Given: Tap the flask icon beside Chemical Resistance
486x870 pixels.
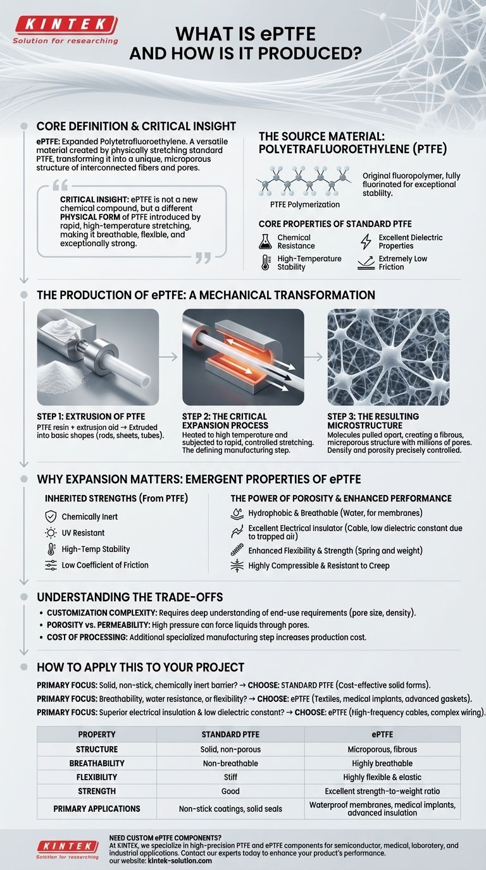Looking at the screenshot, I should (265, 241).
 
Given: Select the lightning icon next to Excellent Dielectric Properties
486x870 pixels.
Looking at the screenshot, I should (365, 241).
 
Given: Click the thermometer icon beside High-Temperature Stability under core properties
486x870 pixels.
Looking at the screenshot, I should (265, 262).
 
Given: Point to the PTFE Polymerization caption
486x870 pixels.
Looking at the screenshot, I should (305, 204).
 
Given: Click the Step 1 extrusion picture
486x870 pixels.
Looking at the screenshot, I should (98, 357).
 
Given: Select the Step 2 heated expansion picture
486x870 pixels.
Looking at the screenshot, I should (243, 357).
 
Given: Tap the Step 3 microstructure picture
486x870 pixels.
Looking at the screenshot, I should (388, 357).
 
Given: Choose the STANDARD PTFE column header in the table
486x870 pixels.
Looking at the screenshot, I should (230, 735).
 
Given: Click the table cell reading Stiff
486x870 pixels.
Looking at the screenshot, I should (230, 777).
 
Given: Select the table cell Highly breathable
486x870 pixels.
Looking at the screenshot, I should (382, 763).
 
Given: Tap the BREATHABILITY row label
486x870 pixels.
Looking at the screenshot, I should (97, 763).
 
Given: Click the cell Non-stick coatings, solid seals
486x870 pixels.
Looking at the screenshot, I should (230, 809).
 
